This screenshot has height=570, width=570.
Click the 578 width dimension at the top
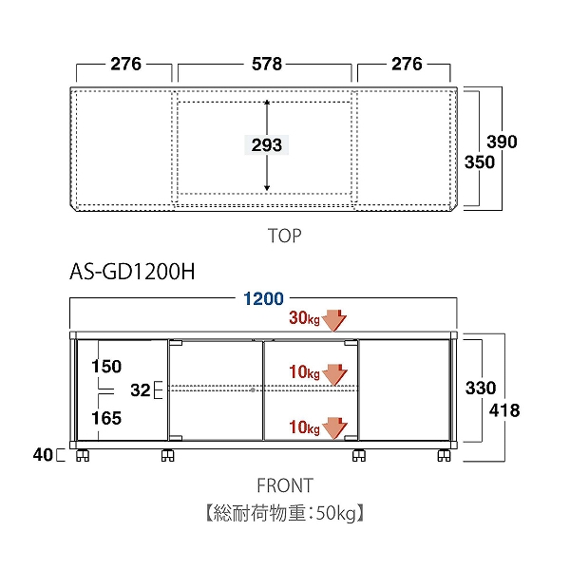pos(267,64)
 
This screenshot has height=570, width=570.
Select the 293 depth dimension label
pos(267,145)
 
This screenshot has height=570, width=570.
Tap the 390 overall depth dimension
pos(502,142)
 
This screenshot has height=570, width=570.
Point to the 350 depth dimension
pos(480,162)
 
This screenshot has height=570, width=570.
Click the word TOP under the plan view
pos(284,236)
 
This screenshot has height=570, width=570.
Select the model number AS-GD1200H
pos(132,272)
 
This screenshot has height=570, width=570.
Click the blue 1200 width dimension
pos(263,299)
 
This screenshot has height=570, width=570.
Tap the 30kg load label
pos(304,317)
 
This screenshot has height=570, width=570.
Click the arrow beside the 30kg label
pos(334,320)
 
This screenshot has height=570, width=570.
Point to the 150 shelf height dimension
pos(106,367)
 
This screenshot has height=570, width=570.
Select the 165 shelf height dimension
pos(106,418)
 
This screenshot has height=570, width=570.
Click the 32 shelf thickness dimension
pos(141,390)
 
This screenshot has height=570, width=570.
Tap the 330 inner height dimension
pos(481,389)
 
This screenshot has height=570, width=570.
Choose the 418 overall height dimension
pos(504,410)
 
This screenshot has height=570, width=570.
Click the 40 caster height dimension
pos(43,455)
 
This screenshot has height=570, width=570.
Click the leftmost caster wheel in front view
pos(83,455)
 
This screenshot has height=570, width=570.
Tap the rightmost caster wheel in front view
pos(444,455)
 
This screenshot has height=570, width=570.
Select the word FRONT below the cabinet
pos(285,485)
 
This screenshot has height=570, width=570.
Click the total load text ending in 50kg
pos(285,513)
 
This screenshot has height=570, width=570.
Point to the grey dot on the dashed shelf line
pos(253,390)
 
